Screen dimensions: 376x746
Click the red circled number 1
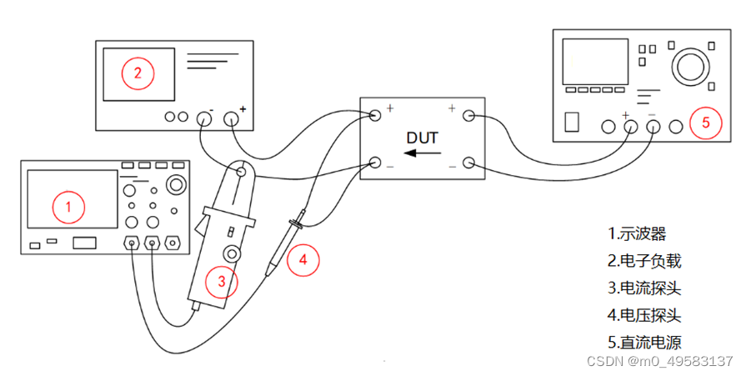tap(69, 206)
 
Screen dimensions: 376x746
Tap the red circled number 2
tap(138, 73)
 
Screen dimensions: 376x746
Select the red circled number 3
tap(222, 281)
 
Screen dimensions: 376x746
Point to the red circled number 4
tap(303, 259)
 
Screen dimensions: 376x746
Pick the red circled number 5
tap(705, 123)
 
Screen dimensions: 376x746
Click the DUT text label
tap(422, 137)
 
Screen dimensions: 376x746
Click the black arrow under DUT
tap(423, 153)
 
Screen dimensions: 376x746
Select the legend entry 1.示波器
tap(638, 233)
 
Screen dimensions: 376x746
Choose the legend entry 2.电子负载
tap(644, 261)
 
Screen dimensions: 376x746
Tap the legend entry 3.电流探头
tap(644, 288)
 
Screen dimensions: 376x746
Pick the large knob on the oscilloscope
tap(176, 184)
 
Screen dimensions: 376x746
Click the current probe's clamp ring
tap(241, 173)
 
